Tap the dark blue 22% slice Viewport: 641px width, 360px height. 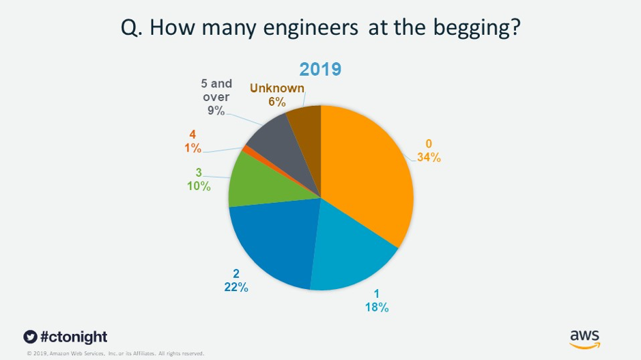tap(273, 246)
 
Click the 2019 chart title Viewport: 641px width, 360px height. tap(321, 70)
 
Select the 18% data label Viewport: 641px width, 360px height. tap(376, 307)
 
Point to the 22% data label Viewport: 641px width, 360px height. tap(236, 288)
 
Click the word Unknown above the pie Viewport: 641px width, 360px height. tap(277, 87)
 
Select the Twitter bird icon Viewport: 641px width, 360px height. tap(29, 337)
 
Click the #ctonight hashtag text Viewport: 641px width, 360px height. tap(74, 337)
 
